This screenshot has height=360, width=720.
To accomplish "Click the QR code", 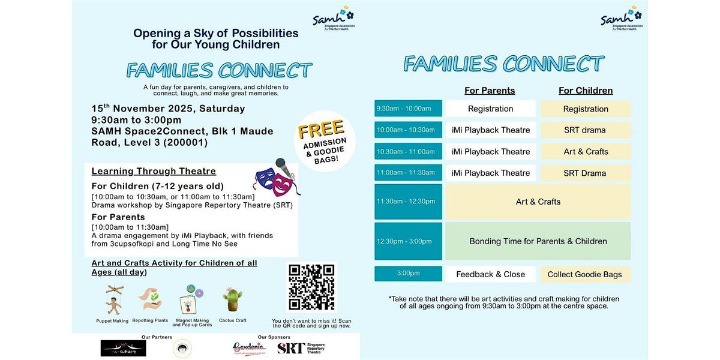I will click(311, 287).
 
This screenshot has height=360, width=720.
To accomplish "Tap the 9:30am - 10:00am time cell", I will click(408, 109).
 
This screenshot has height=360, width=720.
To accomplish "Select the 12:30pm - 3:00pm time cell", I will click(408, 241).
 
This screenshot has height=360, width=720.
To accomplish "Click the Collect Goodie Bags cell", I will click(585, 274).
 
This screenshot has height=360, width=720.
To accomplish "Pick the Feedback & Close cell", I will click(490, 274).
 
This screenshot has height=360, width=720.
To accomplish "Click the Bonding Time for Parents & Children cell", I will click(538, 241).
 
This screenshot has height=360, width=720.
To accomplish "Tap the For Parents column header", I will click(490, 91).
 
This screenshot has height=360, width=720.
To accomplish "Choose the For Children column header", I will click(586, 91).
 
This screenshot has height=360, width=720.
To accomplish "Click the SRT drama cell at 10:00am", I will click(585, 130).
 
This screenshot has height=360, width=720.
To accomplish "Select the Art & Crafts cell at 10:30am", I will click(585, 152).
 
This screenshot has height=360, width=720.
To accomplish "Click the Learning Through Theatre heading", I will click(154, 172).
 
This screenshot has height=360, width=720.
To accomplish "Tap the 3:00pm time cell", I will click(408, 274).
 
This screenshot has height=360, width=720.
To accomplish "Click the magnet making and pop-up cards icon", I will click(191, 299).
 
